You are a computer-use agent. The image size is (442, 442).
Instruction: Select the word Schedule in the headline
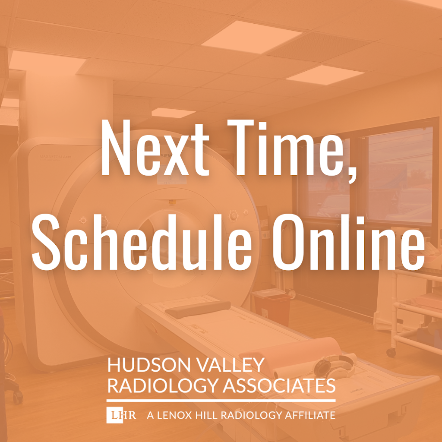tap(142, 242)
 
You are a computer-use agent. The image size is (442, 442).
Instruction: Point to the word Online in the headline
tap(348, 242)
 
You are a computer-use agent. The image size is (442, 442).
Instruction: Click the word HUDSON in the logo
tap(149, 365)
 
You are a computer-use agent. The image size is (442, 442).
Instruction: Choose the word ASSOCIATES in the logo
tap(279, 385)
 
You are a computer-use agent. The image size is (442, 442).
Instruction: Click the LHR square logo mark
tap(115, 415)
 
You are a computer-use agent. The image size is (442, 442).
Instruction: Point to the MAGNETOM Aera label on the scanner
tap(55, 157)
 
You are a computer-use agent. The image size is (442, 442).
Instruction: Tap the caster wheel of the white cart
tap(391, 352)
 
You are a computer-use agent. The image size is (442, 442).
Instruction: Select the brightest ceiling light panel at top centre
tap(252, 37)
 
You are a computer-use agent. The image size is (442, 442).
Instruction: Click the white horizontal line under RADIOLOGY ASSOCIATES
tap(221, 400)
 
